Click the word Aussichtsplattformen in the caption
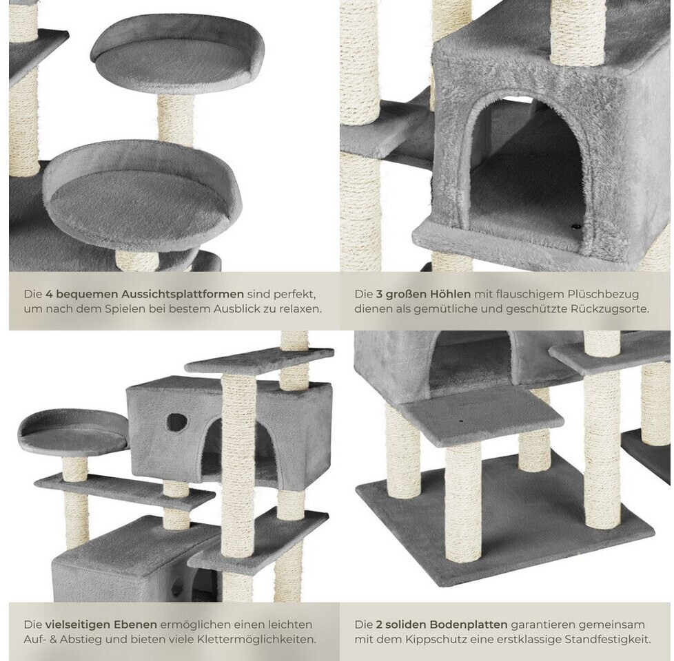pos(182,294)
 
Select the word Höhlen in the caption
pos(449,294)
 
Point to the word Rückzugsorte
pos(609,309)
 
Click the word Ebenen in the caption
pos(135,625)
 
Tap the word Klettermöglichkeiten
pos(256,640)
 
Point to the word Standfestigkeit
pos(607,640)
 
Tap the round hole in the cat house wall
pos(176,422)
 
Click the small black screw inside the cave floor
pos(576,225)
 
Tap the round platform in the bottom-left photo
pos(73,431)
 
